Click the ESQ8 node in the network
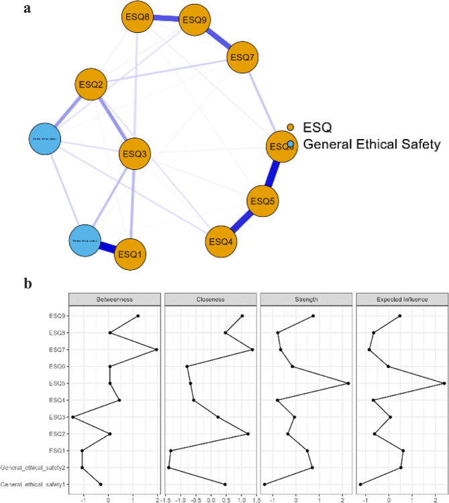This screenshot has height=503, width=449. pos(138,16)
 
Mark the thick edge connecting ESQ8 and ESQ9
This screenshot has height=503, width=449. pos(166,17)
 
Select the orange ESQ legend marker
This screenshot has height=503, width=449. pos(290,127)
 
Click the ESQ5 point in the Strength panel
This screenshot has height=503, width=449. pos(348,383)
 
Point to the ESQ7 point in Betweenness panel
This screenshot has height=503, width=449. pos(156,349)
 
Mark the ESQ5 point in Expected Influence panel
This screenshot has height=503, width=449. pos(445,383)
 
